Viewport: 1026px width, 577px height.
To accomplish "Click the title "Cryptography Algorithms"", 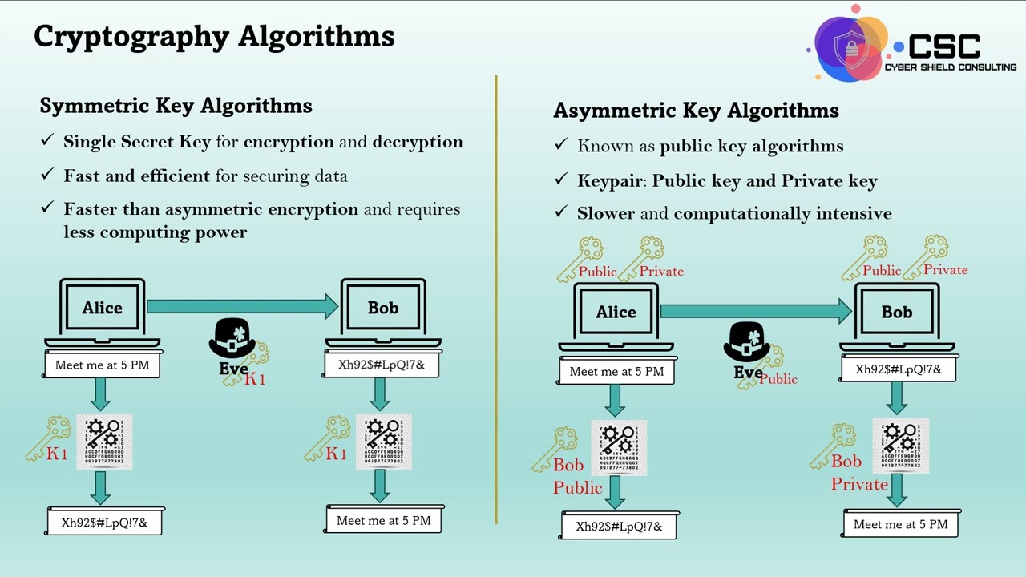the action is (x=214, y=36).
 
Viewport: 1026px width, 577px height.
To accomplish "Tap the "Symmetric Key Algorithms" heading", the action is (x=176, y=106).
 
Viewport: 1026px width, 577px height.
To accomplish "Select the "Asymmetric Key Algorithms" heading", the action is (x=696, y=111).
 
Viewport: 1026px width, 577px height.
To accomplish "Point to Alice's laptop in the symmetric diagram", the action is (x=103, y=309).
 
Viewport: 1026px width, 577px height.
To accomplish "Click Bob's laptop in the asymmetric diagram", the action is (x=897, y=313).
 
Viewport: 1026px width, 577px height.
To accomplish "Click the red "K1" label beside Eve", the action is (x=255, y=379).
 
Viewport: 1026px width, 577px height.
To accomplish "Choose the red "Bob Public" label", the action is (x=577, y=476).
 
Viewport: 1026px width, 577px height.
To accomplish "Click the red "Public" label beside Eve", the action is (x=778, y=379).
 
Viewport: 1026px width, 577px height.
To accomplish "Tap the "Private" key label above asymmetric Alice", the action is (x=661, y=272).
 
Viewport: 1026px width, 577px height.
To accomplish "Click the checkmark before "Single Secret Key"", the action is (x=47, y=142).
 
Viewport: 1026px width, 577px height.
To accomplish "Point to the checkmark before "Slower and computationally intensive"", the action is (x=561, y=213).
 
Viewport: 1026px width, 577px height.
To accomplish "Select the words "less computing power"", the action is (x=156, y=232).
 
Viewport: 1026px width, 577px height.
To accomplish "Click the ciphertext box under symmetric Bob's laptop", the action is (x=382, y=365).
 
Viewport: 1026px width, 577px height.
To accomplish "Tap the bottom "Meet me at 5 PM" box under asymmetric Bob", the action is (x=900, y=524).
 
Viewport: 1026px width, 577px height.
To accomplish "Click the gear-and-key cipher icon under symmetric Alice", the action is (x=104, y=442).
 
